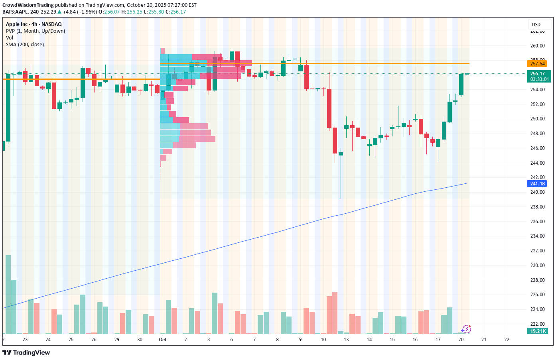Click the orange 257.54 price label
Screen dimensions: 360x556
[537, 64]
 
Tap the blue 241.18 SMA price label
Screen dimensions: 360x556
[537, 184]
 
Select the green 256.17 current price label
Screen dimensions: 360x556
[537, 74]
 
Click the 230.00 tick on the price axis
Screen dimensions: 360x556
[537, 265]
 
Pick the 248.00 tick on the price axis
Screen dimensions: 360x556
[537, 134]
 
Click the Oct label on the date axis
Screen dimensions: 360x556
[163, 340]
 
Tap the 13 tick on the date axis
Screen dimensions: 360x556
[346, 340]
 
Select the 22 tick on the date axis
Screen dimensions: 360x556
[507, 340]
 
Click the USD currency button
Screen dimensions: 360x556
[536, 25]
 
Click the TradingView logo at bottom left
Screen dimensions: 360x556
[26, 352]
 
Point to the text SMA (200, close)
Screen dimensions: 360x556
[25, 45]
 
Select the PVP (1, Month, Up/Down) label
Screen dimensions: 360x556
[35, 31]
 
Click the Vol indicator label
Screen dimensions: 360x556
[10, 38]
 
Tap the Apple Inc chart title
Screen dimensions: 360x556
[34, 24]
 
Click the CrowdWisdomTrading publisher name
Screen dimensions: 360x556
[28, 5]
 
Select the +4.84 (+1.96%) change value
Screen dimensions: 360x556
[80, 12]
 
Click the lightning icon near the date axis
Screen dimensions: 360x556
[466, 329]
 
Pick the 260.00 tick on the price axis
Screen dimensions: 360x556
[537, 46]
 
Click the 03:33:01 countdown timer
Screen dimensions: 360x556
[539, 79]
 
